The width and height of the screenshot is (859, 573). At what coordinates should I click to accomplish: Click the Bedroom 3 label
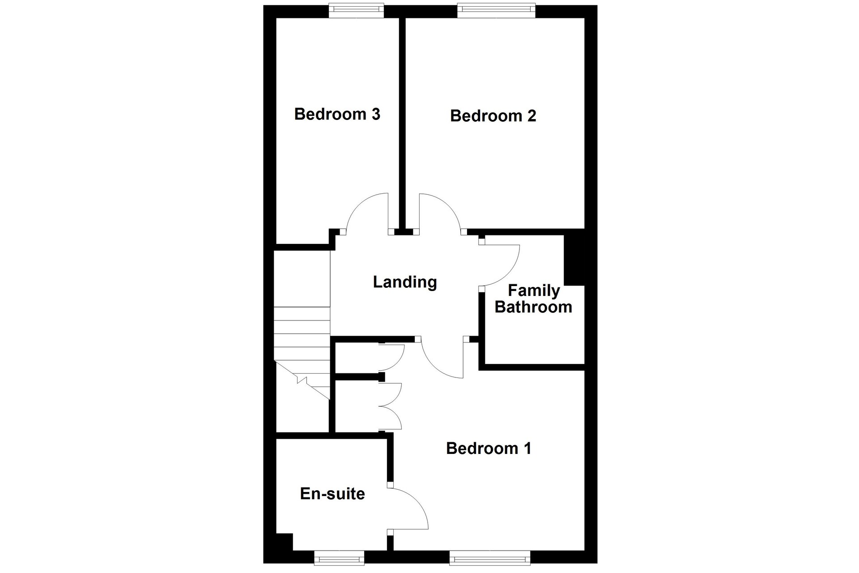tap(337, 114)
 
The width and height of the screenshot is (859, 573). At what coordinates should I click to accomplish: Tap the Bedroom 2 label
tap(493, 116)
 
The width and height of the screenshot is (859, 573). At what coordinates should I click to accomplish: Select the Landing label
tap(405, 282)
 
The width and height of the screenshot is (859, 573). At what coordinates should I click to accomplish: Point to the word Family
tap(534, 291)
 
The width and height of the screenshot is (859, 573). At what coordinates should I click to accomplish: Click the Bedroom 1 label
tap(489, 449)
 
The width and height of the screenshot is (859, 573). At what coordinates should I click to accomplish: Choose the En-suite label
tap(332, 494)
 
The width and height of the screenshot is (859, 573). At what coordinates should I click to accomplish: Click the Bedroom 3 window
tap(356, 10)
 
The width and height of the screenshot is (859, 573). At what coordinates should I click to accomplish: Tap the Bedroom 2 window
tap(496, 10)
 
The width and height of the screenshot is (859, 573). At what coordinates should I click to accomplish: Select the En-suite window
tap(339, 557)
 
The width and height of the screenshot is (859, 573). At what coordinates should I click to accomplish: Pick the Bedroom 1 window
tap(490, 557)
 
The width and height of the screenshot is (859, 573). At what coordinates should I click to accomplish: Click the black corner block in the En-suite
tap(284, 542)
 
